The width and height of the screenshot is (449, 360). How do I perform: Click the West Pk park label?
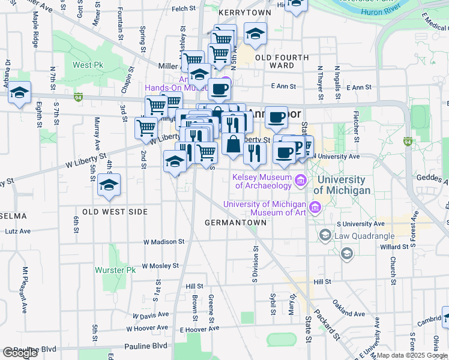click(91, 65)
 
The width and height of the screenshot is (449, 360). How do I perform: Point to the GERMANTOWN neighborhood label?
click(235, 222)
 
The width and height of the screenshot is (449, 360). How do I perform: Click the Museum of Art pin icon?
click(315, 208)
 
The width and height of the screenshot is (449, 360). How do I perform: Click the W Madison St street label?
click(163, 241)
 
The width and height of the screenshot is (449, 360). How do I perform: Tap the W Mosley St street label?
click(161, 265)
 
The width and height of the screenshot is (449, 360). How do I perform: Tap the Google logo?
click(20, 353)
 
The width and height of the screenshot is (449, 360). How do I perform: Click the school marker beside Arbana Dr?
click(20, 93)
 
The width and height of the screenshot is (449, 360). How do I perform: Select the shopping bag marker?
click(233, 145)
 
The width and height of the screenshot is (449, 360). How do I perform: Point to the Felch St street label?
click(184, 9)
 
